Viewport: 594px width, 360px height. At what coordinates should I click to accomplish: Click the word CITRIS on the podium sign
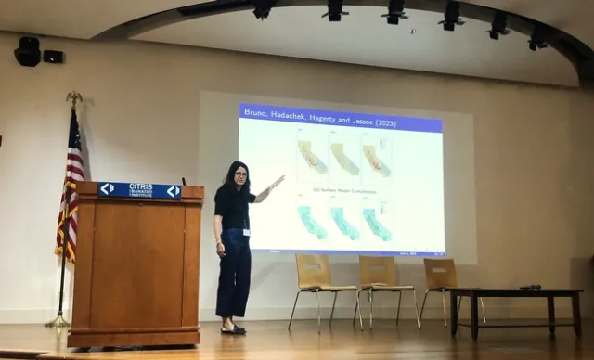point(141,186)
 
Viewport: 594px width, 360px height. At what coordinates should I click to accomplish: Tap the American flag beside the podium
point(71,186)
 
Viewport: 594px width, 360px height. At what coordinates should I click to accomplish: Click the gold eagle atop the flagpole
point(73,97)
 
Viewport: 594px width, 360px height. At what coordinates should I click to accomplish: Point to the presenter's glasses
point(240,174)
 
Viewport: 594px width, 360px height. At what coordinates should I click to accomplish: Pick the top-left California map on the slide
point(312,157)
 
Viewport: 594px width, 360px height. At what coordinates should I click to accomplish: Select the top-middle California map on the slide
point(345,158)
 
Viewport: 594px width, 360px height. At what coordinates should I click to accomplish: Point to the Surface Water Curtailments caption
point(343,190)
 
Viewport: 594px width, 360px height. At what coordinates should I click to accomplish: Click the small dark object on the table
point(530,288)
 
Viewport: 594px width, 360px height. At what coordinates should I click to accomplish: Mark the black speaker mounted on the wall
point(28,52)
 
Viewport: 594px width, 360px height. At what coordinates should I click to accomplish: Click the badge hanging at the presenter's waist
point(246,231)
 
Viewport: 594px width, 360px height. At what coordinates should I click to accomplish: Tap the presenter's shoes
point(233,328)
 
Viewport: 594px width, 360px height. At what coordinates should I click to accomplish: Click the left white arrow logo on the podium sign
point(108,189)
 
